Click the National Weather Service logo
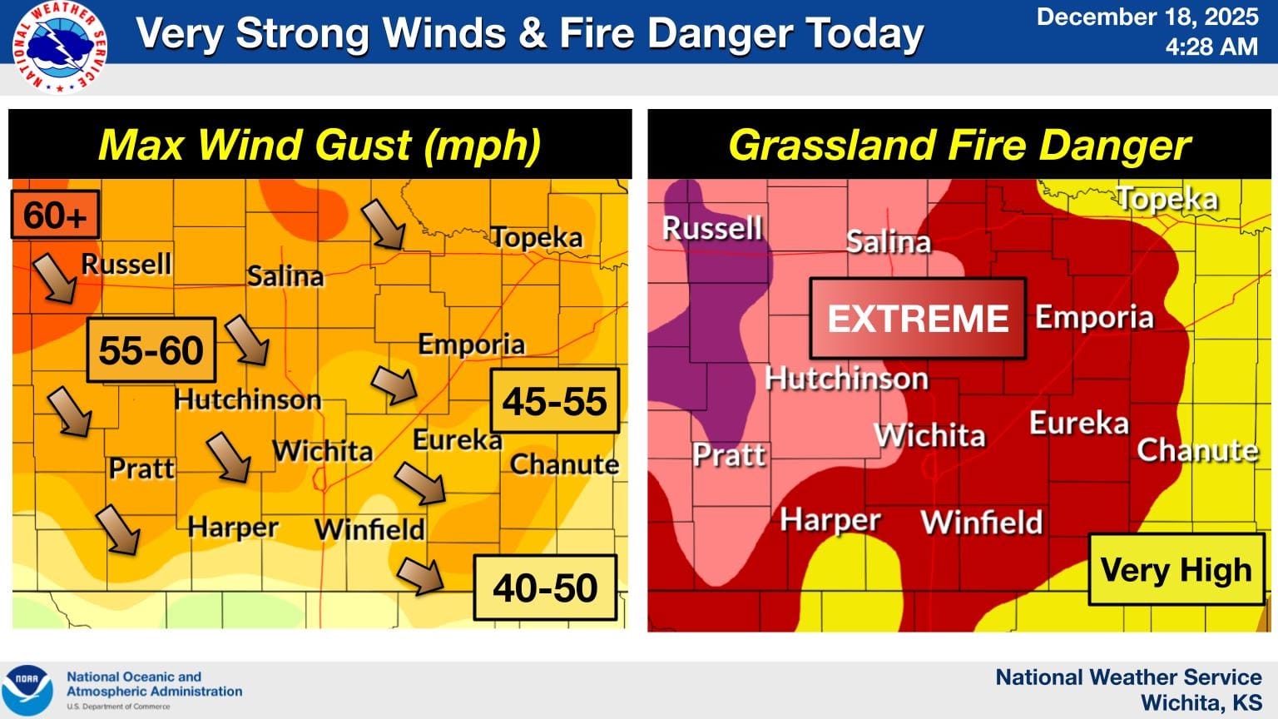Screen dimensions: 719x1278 59,47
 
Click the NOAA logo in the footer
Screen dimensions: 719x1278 27,689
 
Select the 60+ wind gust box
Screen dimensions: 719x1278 55,215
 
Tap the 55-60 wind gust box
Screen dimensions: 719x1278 151,350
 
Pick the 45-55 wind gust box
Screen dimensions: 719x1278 555,401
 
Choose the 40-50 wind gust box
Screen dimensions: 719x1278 545,588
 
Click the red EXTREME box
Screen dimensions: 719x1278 918,319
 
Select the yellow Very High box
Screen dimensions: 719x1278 1176,570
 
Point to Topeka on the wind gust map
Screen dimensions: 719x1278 537,237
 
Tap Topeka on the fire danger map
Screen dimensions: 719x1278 1167,199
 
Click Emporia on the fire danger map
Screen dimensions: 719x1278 1094,317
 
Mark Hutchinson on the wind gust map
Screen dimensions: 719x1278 247,399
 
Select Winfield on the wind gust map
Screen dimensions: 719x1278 369,528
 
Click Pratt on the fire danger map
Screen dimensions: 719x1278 729,454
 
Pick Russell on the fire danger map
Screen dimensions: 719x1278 712,228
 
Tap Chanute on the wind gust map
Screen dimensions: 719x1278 564,464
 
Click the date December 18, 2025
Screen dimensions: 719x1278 1147,17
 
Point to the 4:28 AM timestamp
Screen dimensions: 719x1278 1211,47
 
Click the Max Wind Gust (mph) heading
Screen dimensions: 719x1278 319,145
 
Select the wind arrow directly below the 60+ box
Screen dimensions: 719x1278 55,278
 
